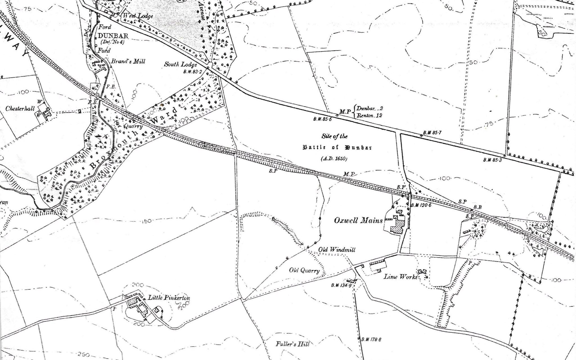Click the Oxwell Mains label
(x=358, y=220)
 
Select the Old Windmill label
(x=337, y=250)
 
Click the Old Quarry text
(x=305, y=271)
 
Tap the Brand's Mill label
(x=128, y=61)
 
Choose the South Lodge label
(x=181, y=64)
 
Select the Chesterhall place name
(x=19, y=108)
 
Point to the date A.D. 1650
(x=334, y=159)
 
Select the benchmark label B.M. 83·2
(x=193, y=72)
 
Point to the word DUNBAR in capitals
(x=113, y=36)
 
